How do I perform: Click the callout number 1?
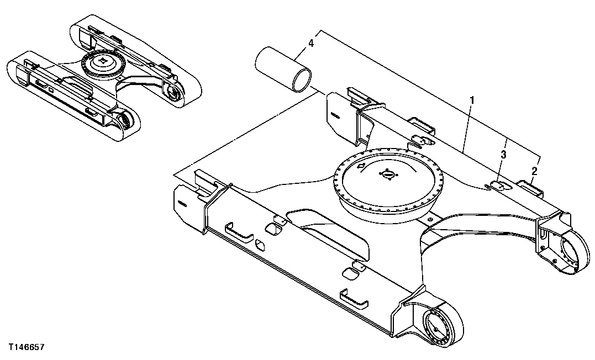471,100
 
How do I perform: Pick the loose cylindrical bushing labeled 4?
282,68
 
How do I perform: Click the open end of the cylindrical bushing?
301,78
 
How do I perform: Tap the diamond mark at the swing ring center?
387,174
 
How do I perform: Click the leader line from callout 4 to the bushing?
302,52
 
